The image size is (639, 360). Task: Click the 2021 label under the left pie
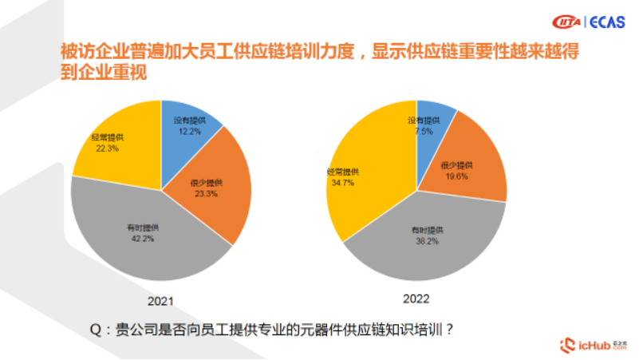tap(161, 302)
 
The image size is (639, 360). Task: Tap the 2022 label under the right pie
tap(416, 299)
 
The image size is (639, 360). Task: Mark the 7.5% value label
tap(423, 131)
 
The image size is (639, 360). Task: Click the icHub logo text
tap(594, 345)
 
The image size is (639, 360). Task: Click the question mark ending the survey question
tap(449, 328)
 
